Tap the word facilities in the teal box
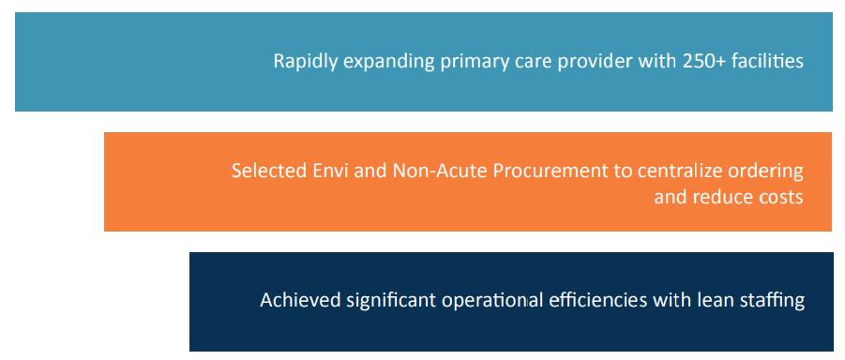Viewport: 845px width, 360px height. (x=769, y=62)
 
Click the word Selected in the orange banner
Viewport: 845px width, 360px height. (x=266, y=172)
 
